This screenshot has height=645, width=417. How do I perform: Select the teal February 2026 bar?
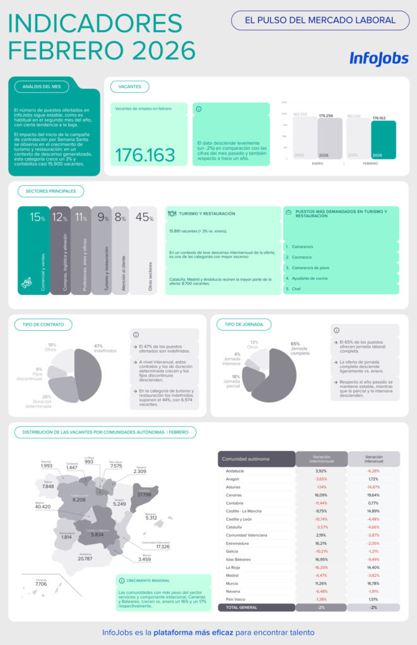click(383, 140)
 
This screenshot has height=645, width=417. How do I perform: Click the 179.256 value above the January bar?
click(326, 116)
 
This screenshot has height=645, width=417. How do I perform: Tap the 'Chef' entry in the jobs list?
click(295, 288)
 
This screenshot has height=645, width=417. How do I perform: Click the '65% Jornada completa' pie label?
click(300, 348)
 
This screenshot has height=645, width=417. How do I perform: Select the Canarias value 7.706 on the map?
click(41, 584)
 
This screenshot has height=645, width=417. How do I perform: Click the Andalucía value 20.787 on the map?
click(86, 559)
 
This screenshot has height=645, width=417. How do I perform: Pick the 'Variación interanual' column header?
click(373, 459)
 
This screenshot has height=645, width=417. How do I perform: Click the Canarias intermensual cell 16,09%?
click(321, 495)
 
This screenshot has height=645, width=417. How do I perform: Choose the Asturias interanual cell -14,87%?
click(373, 487)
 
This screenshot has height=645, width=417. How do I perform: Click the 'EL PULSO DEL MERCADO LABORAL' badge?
click(320, 20)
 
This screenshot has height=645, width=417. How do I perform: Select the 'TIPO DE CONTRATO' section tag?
click(43, 324)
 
